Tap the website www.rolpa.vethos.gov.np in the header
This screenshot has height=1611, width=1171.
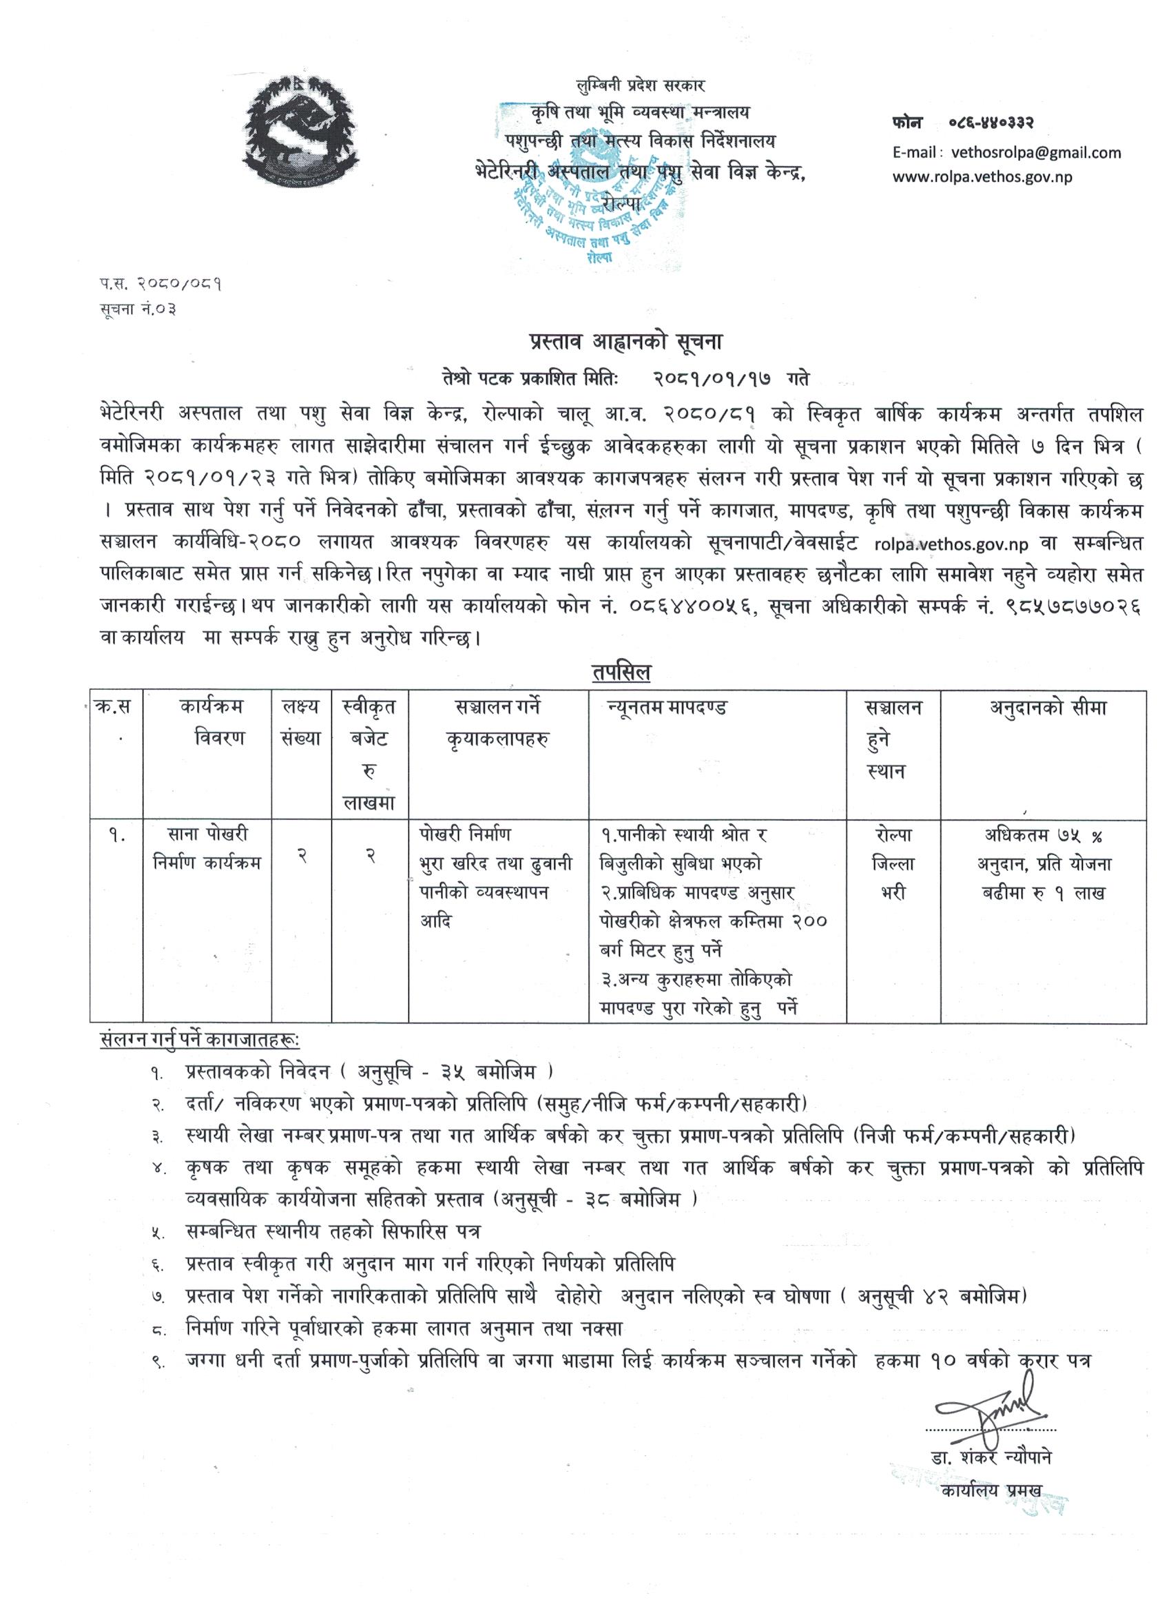982,176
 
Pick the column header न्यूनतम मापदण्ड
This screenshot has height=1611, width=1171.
667,708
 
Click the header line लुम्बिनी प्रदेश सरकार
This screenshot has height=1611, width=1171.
639,86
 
